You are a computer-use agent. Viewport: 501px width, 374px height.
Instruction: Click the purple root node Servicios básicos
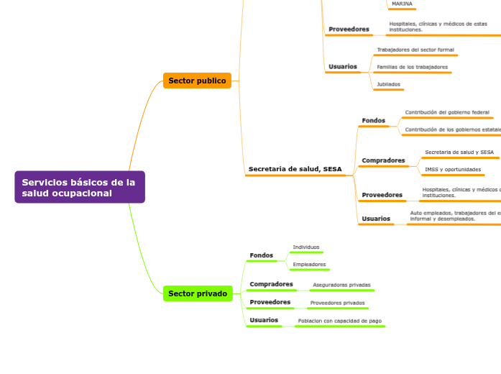click(79, 187)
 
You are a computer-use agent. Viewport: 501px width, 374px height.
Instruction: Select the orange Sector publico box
click(197, 81)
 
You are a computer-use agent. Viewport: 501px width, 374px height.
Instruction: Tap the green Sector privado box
click(198, 293)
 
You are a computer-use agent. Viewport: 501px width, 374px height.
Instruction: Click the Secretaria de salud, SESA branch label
click(295, 169)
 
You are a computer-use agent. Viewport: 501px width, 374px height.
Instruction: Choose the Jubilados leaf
click(388, 84)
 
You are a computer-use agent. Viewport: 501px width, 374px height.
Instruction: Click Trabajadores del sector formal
click(415, 50)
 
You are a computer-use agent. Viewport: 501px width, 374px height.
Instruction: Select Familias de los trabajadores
click(412, 67)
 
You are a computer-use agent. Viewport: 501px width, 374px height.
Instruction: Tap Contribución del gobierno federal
click(447, 112)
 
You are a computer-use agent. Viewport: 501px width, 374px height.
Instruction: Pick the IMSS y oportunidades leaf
click(453, 169)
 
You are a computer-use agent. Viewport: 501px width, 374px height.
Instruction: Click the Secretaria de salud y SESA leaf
click(459, 152)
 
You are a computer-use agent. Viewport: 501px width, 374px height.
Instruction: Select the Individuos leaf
click(306, 247)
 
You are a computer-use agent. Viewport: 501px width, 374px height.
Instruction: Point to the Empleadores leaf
click(309, 264)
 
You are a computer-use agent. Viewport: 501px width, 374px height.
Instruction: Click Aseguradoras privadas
click(341, 285)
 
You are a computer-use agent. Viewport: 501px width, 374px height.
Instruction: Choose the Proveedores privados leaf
click(337, 303)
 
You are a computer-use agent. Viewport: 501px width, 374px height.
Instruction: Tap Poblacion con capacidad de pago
click(339, 321)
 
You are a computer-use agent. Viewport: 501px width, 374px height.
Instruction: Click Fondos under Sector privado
click(261, 255)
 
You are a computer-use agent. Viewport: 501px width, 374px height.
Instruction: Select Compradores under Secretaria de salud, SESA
click(383, 160)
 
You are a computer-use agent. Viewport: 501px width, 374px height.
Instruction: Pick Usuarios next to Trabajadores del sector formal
click(342, 67)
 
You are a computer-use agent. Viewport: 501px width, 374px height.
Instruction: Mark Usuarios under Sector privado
click(263, 320)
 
